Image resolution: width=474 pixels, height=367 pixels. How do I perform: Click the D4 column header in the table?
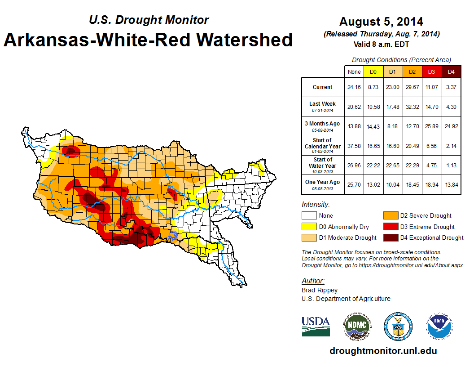(x=451, y=72)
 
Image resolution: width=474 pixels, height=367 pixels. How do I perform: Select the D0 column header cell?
(x=373, y=72)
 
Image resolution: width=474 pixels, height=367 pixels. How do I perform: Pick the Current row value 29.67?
(x=413, y=87)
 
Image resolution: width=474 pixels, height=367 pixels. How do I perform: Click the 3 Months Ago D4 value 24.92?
(x=451, y=126)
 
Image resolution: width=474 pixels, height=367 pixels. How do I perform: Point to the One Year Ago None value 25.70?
(x=354, y=184)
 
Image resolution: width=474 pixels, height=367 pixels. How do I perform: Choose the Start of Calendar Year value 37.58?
(x=354, y=146)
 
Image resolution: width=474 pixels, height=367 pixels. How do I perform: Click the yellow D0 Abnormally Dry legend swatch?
(x=308, y=227)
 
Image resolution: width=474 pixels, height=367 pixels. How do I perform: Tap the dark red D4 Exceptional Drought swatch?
(x=390, y=237)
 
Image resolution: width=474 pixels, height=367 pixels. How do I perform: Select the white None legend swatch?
(x=308, y=216)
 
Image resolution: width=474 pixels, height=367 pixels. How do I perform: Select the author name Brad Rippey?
(x=320, y=290)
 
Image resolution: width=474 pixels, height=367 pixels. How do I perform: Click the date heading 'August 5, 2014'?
(x=381, y=21)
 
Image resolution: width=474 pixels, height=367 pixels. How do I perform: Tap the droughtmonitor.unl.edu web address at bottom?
(x=383, y=351)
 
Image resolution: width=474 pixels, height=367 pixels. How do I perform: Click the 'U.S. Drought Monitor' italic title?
(x=149, y=20)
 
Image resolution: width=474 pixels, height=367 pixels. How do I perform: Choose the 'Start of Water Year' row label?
(x=322, y=165)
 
